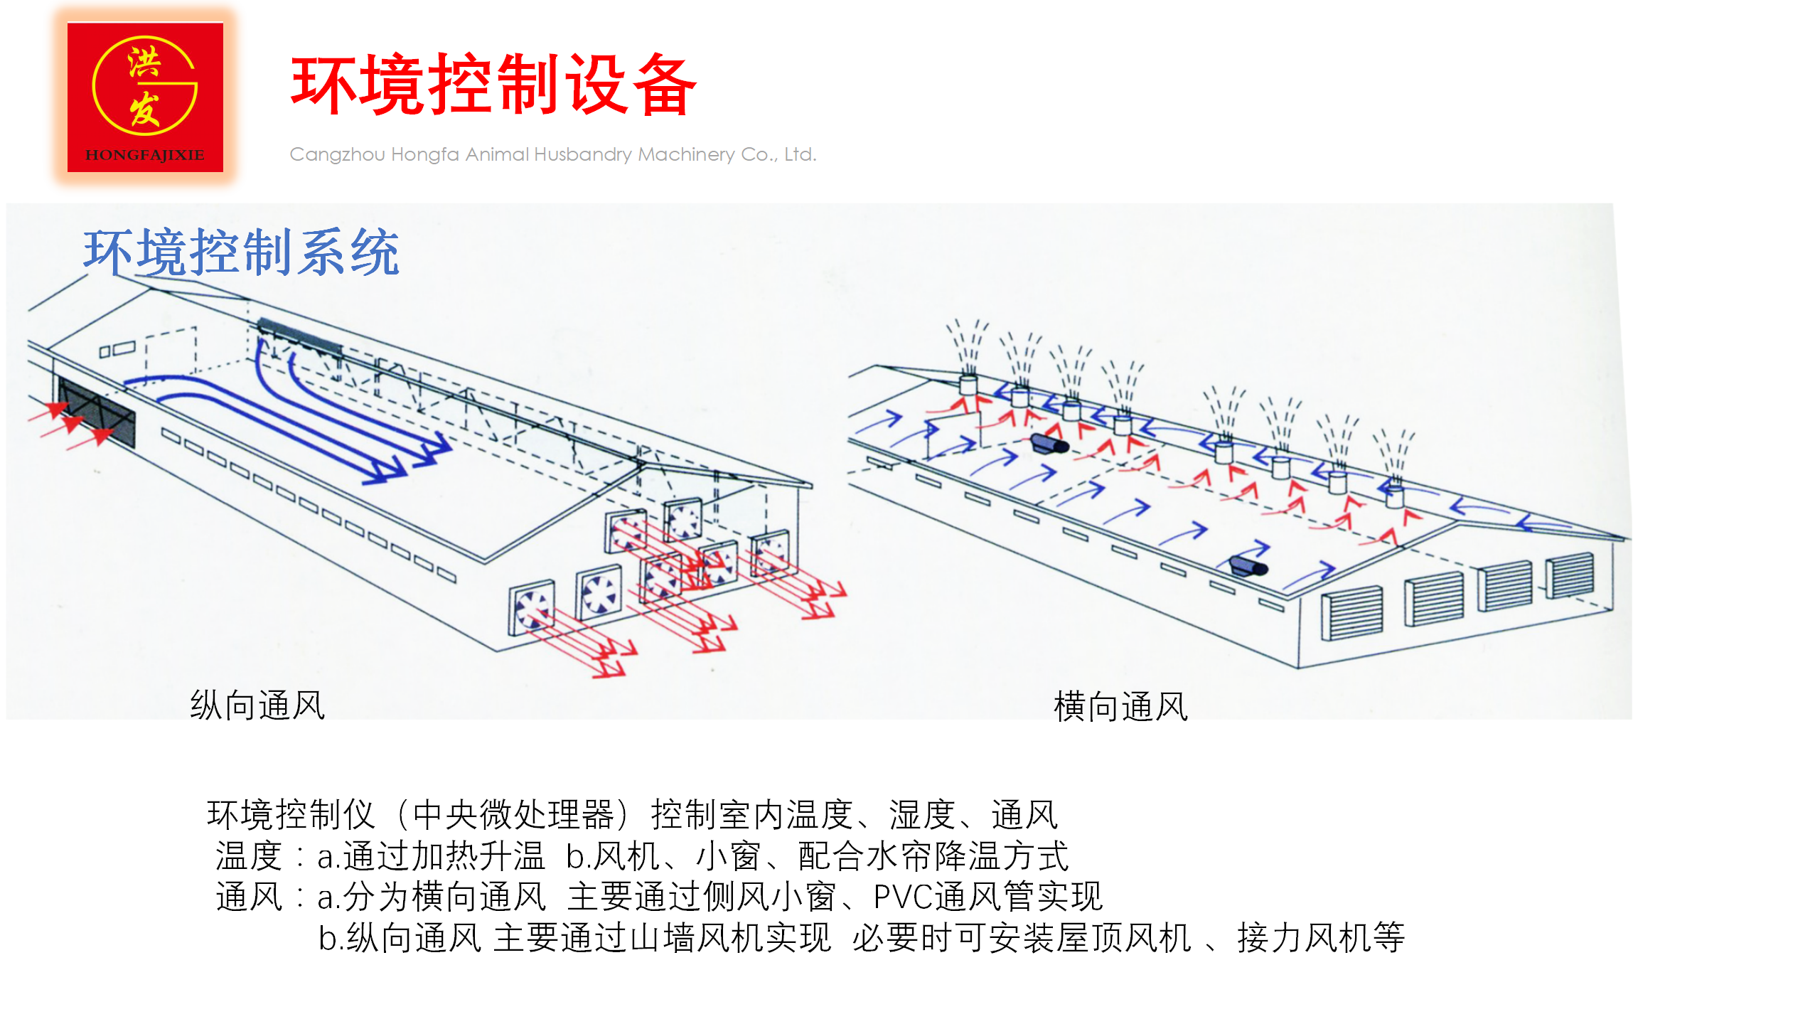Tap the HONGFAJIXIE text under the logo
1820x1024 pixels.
coord(145,155)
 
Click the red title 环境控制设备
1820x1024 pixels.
coord(493,85)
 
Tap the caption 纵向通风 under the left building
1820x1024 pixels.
coord(257,705)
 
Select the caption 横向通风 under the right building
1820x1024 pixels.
coord(1120,707)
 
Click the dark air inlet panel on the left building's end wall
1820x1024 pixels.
coord(97,412)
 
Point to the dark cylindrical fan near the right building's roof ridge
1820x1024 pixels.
coord(1049,444)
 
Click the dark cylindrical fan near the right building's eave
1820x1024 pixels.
coord(1248,567)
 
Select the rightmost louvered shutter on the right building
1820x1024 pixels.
coord(1569,575)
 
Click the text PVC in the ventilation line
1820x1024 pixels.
coord(902,897)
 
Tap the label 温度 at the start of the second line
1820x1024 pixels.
coord(249,855)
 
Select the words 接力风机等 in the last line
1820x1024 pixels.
coord(1321,937)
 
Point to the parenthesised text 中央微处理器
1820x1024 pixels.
coord(513,815)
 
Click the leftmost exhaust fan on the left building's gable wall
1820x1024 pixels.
coord(531,608)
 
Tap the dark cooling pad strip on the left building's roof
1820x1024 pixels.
coord(299,336)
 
